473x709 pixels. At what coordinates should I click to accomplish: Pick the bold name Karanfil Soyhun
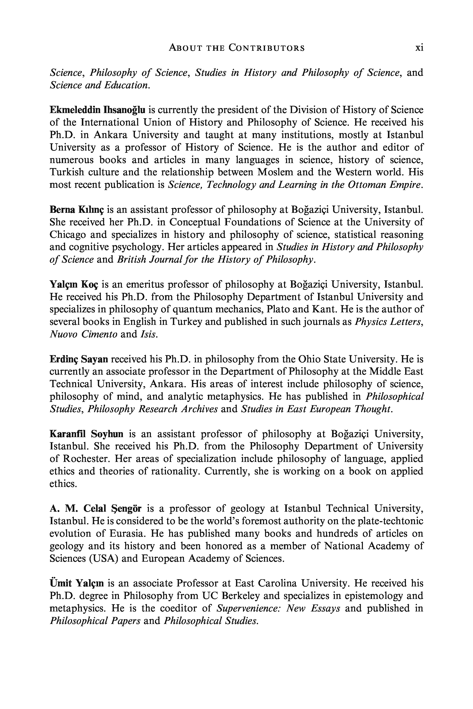click(86, 434)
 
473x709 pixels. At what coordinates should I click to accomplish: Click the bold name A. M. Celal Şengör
click(95, 509)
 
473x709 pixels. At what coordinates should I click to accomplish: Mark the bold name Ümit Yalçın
click(77, 584)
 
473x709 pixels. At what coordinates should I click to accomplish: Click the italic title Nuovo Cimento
click(83, 335)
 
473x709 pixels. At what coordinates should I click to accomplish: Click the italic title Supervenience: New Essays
click(279, 609)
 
